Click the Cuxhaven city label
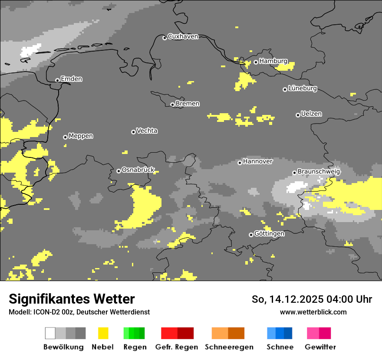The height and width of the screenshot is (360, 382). pyautogui.click(x=183, y=37)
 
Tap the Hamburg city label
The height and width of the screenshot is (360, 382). pyautogui.click(x=273, y=61)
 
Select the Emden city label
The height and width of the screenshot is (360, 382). pyautogui.click(x=71, y=79)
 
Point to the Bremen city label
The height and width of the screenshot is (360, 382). pyautogui.click(x=188, y=104)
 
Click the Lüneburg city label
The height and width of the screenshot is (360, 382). pyautogui.click(x=302, y=88)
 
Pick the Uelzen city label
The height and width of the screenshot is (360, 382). pyautogui.click(x=311, y=114)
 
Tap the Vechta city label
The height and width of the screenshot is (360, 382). pyautogui.click(x=147, y=131)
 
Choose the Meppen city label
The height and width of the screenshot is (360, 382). pyautogui.click(x=81, y=136)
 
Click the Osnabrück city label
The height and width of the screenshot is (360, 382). pyautogui.click(x=138, y=170)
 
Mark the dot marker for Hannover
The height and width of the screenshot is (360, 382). pyautogui.click(x=240, y=163)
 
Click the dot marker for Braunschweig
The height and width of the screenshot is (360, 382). pyautogui.click(x=294, y=173)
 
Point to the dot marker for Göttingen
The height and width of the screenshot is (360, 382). pyautogui.click(x=251, y=235)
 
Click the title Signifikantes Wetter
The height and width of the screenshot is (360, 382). pyautogui.click(x=72, y=299)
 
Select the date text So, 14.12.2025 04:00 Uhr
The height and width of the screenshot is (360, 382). pyautogui.click(x=312, y=299)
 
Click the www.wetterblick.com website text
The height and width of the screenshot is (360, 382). pyautogui.click(x=313, y=312)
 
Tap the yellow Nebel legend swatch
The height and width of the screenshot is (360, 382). pyautogui.click(x=103, y=333)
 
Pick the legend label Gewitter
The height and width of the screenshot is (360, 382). pyautogui.click(x=320, y=347)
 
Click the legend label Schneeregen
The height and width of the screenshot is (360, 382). pyautogui.click(x=229, y=347)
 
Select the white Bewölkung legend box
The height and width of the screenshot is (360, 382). pyautogui.click(x=50, y=333)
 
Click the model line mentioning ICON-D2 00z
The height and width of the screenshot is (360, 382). pyautogui.click(x=79, y=312)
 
